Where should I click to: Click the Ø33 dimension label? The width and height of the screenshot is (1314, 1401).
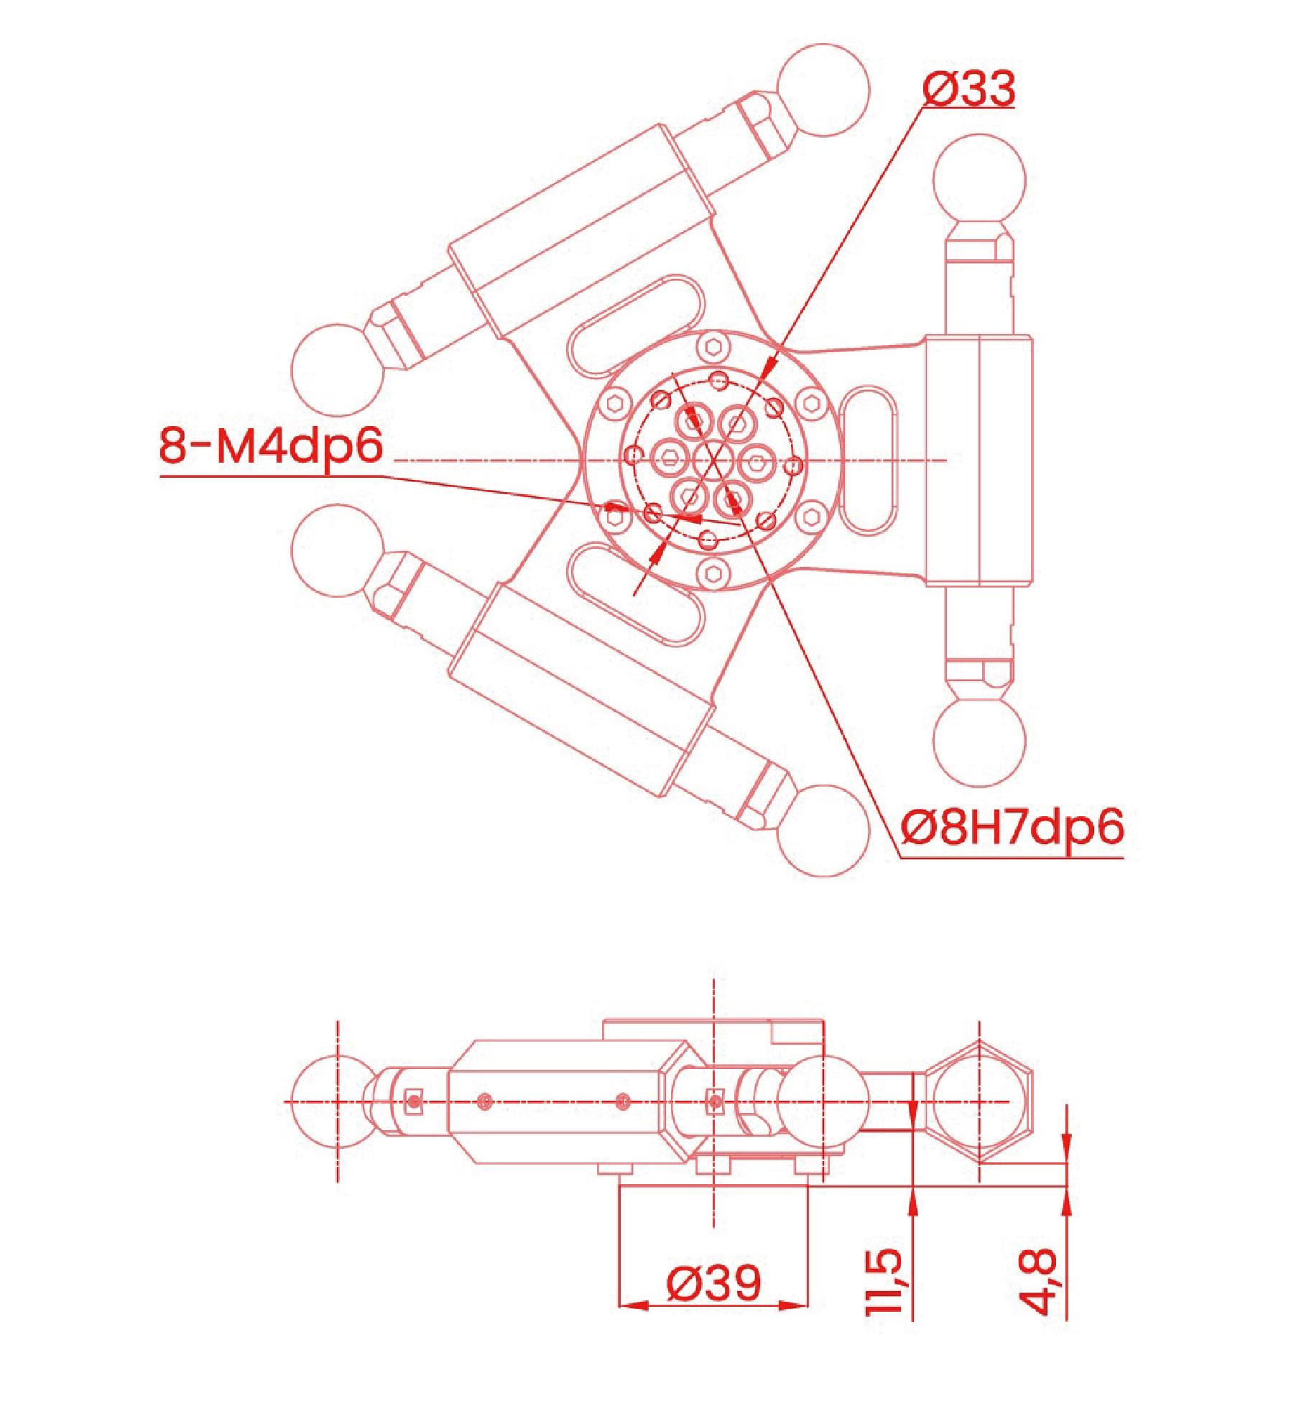(968, 89)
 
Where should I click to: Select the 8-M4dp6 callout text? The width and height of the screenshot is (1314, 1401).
(271, 445)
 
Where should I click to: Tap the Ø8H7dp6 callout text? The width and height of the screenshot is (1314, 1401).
(1012, 828)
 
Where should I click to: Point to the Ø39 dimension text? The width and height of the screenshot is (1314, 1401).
(713, 1283)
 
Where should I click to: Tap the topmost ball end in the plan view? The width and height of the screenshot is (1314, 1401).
(823, 90)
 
